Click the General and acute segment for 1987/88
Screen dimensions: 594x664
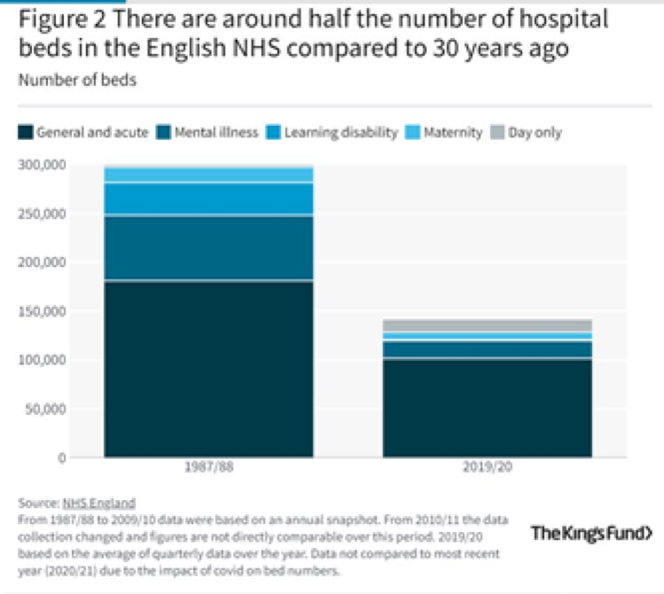(208, 368)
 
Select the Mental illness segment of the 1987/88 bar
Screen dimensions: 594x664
(208, 248)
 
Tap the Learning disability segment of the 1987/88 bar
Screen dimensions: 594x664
(208, 199)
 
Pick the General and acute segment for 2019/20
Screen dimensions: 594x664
(488, 408)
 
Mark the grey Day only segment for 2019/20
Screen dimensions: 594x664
(488, 325)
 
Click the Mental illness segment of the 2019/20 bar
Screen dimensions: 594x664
(488, 348)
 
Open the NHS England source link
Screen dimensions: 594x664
(99, 503)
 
